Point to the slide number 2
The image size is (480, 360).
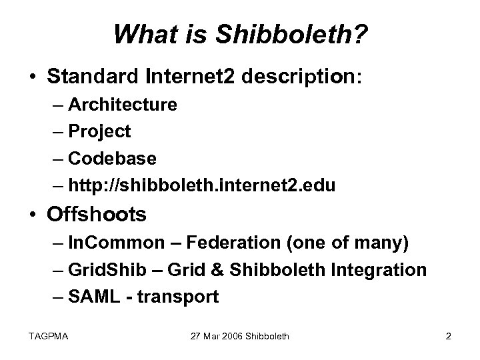(448, 337)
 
